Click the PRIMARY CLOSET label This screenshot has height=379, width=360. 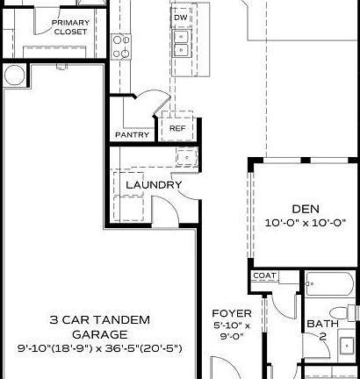tap(69, 27)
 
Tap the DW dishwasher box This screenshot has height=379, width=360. tap(180, 18)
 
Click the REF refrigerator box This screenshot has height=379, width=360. tap(177, 129)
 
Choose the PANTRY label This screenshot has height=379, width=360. tap(131, 135)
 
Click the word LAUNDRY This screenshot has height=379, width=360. tap(154, 185)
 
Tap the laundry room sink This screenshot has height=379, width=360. tap(184, 157)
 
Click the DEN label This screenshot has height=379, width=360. tap(305, 209)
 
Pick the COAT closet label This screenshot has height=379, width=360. tap(264, 275)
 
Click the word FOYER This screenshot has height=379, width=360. tap(233, 313)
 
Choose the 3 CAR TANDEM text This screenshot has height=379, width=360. tap(99, 319)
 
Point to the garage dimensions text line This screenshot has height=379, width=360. tap(99, 348)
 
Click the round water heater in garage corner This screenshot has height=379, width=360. tap(13, 75)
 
